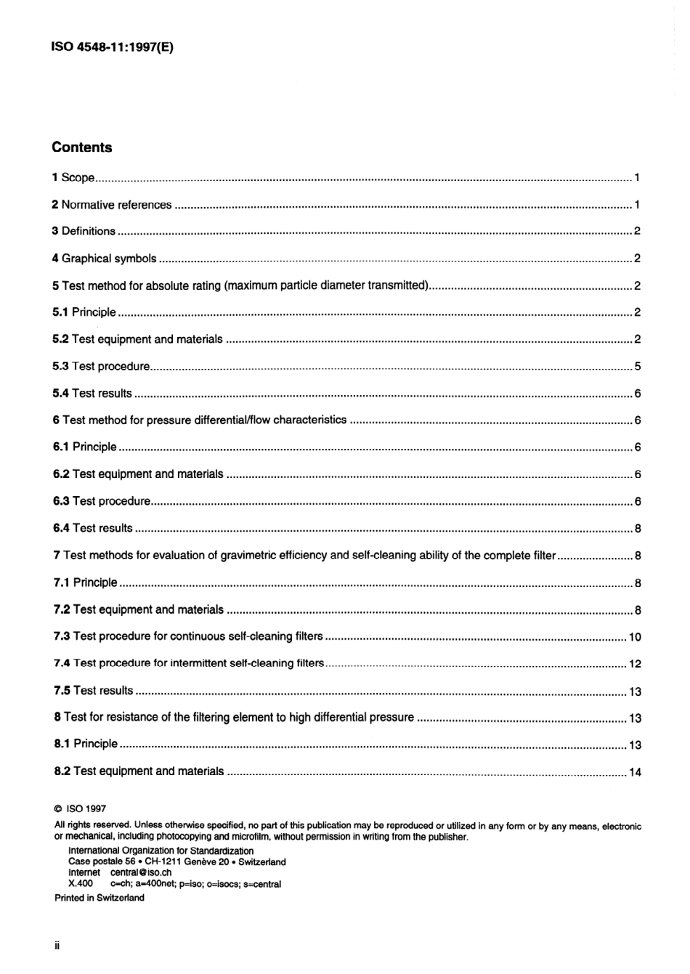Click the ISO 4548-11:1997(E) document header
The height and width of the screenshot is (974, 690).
click(113, 48)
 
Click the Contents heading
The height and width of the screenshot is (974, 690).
click(82, 147)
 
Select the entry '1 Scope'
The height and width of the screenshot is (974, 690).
click(73, 178)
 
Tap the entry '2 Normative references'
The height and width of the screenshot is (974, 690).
click(112, 205)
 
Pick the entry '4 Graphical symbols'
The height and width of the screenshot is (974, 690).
click(104, 259)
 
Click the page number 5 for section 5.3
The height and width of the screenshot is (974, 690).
click(637, 367)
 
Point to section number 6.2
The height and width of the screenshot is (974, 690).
click(61, 474)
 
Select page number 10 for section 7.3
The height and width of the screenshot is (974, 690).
click(635, 637)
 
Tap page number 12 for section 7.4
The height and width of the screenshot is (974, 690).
click(635, 664)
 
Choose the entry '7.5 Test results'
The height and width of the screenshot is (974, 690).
click(94, 691)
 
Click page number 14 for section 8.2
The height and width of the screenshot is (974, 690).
click(635, 772)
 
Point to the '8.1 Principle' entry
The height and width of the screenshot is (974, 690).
click(86, 744)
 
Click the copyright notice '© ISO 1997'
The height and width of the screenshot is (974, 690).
click(80, 808)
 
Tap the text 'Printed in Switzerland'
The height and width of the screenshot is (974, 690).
click(100, 898)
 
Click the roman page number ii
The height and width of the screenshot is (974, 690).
click(56, 946)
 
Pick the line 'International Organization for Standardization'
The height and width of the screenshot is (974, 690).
click(161, 851)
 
